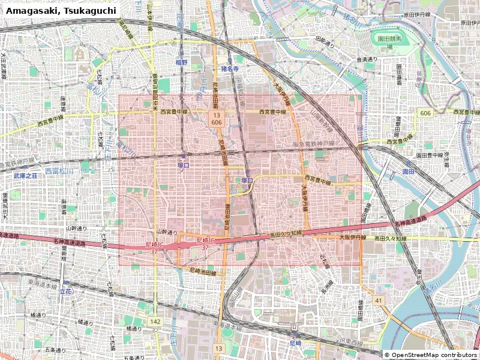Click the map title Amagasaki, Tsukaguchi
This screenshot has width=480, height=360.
click(x=61, y=11)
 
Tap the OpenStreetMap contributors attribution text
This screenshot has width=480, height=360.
click(x=431, y=355)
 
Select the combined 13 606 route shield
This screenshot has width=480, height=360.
click(x=217, y=118)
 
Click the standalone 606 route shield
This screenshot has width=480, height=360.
click(x=425, y=113)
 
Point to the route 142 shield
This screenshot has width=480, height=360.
click(x=155, y=322)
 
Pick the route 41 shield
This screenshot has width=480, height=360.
click(x=378, y=300)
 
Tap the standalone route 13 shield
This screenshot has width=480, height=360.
click(x=219, y=348)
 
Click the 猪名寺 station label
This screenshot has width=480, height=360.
click(x=230, y=69)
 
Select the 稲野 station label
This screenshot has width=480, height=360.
click(x=181, y=62)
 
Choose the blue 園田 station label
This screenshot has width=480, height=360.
click(x=408, y=171)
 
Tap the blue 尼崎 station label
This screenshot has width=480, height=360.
click(x=295, y=343)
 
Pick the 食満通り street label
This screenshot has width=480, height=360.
click(x=367, y=59)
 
